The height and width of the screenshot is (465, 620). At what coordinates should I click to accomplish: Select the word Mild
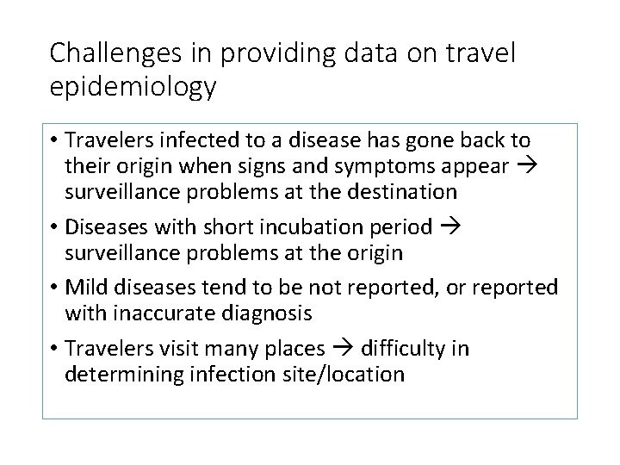87,286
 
